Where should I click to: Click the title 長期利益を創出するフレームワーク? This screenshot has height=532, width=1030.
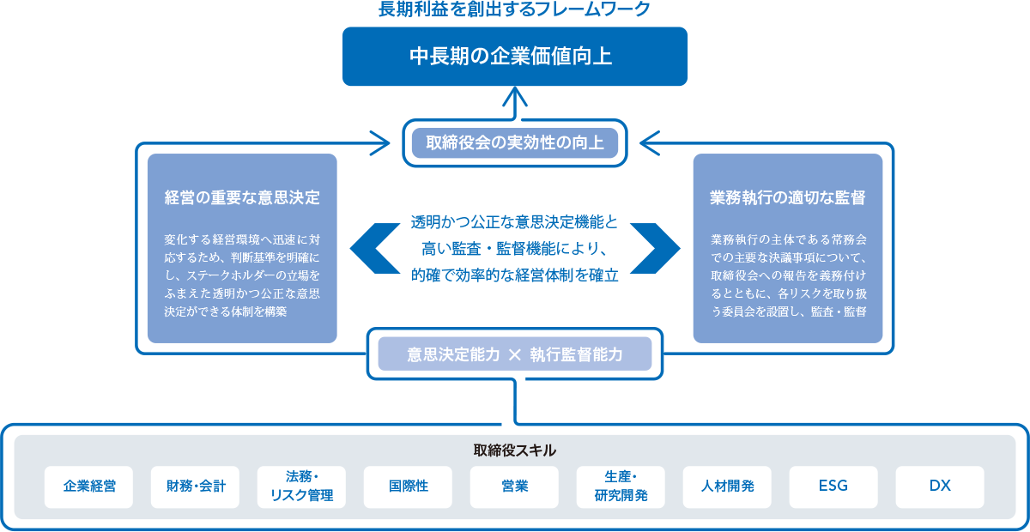pos(515,9)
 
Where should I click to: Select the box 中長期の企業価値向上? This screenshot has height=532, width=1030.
pos(515,57)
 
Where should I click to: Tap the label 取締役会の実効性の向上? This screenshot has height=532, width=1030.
pos(515,142)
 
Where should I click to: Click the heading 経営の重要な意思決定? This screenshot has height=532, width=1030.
pos(242,198)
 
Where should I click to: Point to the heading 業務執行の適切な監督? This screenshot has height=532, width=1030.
pos(788,198)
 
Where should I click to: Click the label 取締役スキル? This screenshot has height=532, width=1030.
pos(515,450)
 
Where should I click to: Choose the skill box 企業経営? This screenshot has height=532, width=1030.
pos(89,487)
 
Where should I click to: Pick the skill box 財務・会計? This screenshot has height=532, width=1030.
pos(196,487)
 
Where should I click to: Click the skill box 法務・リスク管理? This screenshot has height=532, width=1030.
pos(301,487)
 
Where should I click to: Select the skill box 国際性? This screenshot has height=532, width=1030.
pos(408,487)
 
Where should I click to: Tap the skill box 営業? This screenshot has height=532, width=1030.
pos(514,487)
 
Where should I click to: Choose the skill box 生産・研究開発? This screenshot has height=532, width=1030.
pos(621,487)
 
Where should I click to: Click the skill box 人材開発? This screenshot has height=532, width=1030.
pos(727,487)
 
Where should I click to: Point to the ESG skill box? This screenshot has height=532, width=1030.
pos(833,487)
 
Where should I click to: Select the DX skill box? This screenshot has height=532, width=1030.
pos(940,487)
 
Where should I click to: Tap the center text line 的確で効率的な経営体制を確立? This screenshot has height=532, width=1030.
pos(515,276)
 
